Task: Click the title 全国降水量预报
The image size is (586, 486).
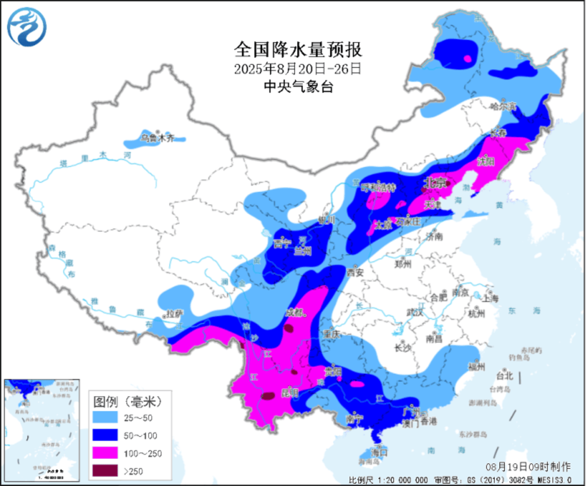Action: (x=298, y=50)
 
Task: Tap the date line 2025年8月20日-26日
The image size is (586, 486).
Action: (x=298, y=69)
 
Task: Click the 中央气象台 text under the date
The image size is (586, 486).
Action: (x=298, y=86)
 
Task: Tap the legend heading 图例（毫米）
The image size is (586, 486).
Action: (x=128, y=402)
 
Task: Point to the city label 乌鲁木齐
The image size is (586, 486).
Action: (x=158, y=138)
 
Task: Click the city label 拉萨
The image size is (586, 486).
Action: (x=174, y=314)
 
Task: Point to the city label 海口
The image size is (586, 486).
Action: (x=380, y=451)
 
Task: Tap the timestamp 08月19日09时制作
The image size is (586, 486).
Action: (x=528, y=466)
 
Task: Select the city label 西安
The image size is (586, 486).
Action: (x=356, y=273)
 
